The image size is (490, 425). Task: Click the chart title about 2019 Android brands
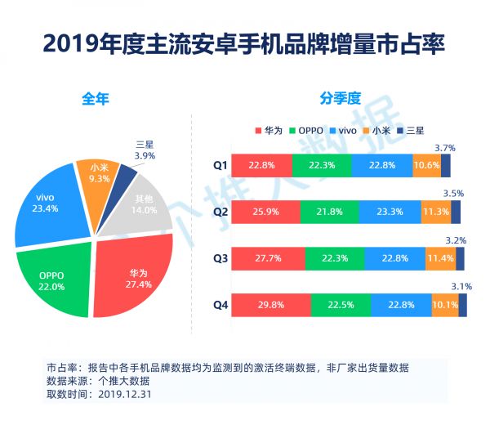[x=244, y=42]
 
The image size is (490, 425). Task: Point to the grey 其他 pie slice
[x=145, y=199]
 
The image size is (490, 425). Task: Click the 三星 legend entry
[x=410, y=130]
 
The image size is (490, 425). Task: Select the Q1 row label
[x=219, y=165]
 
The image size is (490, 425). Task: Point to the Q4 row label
[x=219, y=306]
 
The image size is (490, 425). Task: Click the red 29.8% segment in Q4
[x=270, y=306]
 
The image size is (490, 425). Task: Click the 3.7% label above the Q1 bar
[x=445, y=148]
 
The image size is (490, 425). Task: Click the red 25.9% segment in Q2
[x=265, y=212]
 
